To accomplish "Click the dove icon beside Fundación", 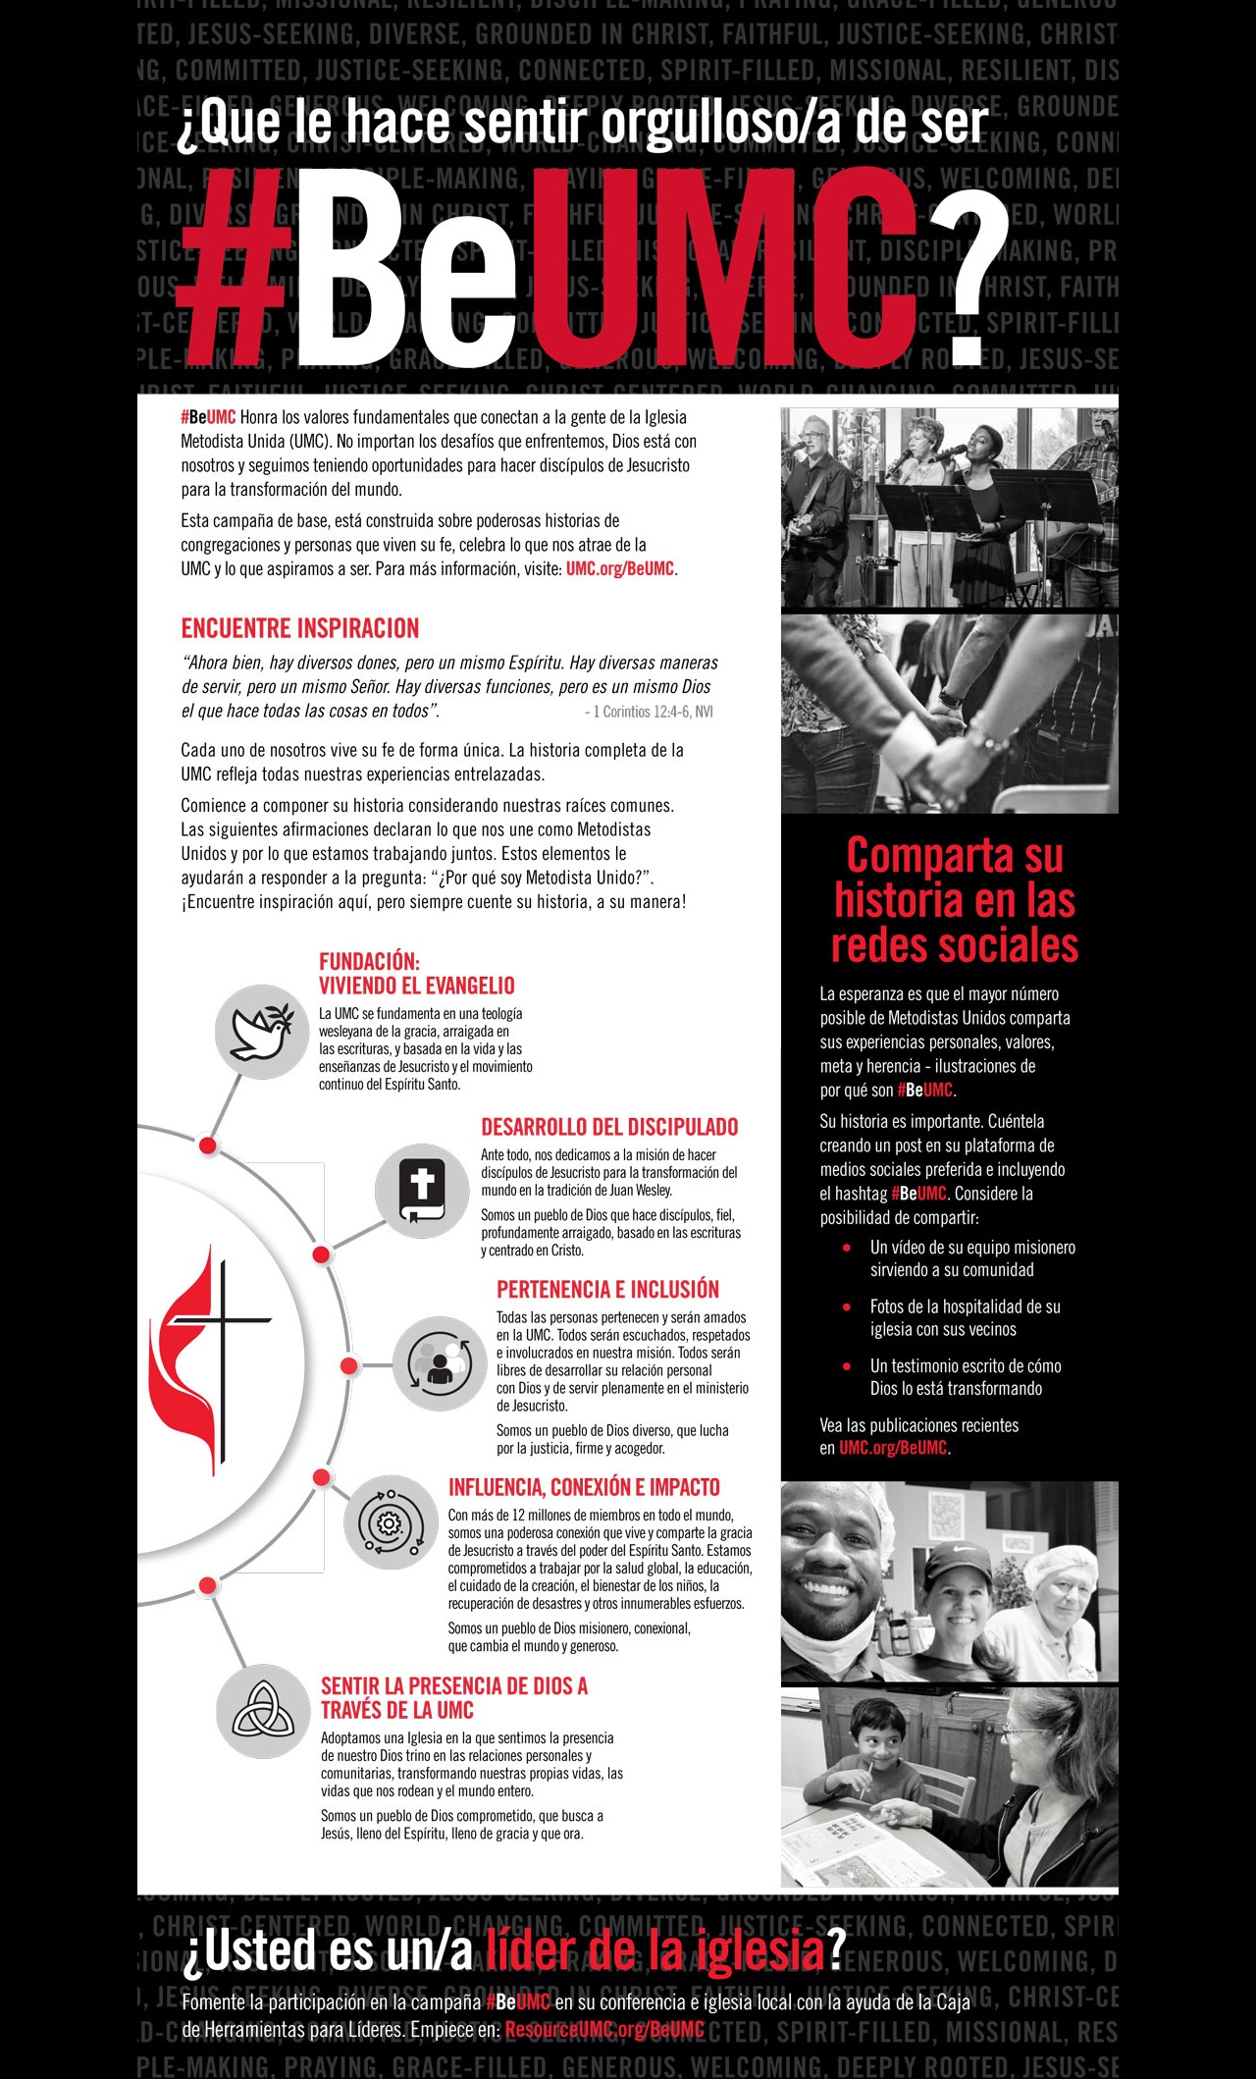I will (x=262, y=1032).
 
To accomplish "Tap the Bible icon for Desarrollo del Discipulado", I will (x=422, y=1191).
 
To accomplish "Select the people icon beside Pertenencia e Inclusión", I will (x=440, y=1363).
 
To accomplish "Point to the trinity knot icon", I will (x=263, y=1710).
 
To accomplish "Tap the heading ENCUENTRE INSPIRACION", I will (x=300, y=628).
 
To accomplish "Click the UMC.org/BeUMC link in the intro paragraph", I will (x=620, y=569).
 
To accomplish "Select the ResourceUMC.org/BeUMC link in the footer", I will (x=604, y=2029).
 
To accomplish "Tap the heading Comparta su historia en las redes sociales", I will (x=954, y=900).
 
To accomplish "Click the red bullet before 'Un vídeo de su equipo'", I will (x=847, y=1248).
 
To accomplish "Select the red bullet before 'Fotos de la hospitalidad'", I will (x=847, y=1306).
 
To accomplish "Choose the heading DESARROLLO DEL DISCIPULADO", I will (x=609, y=1127).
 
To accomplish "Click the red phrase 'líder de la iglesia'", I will (x=654, y=1949).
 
